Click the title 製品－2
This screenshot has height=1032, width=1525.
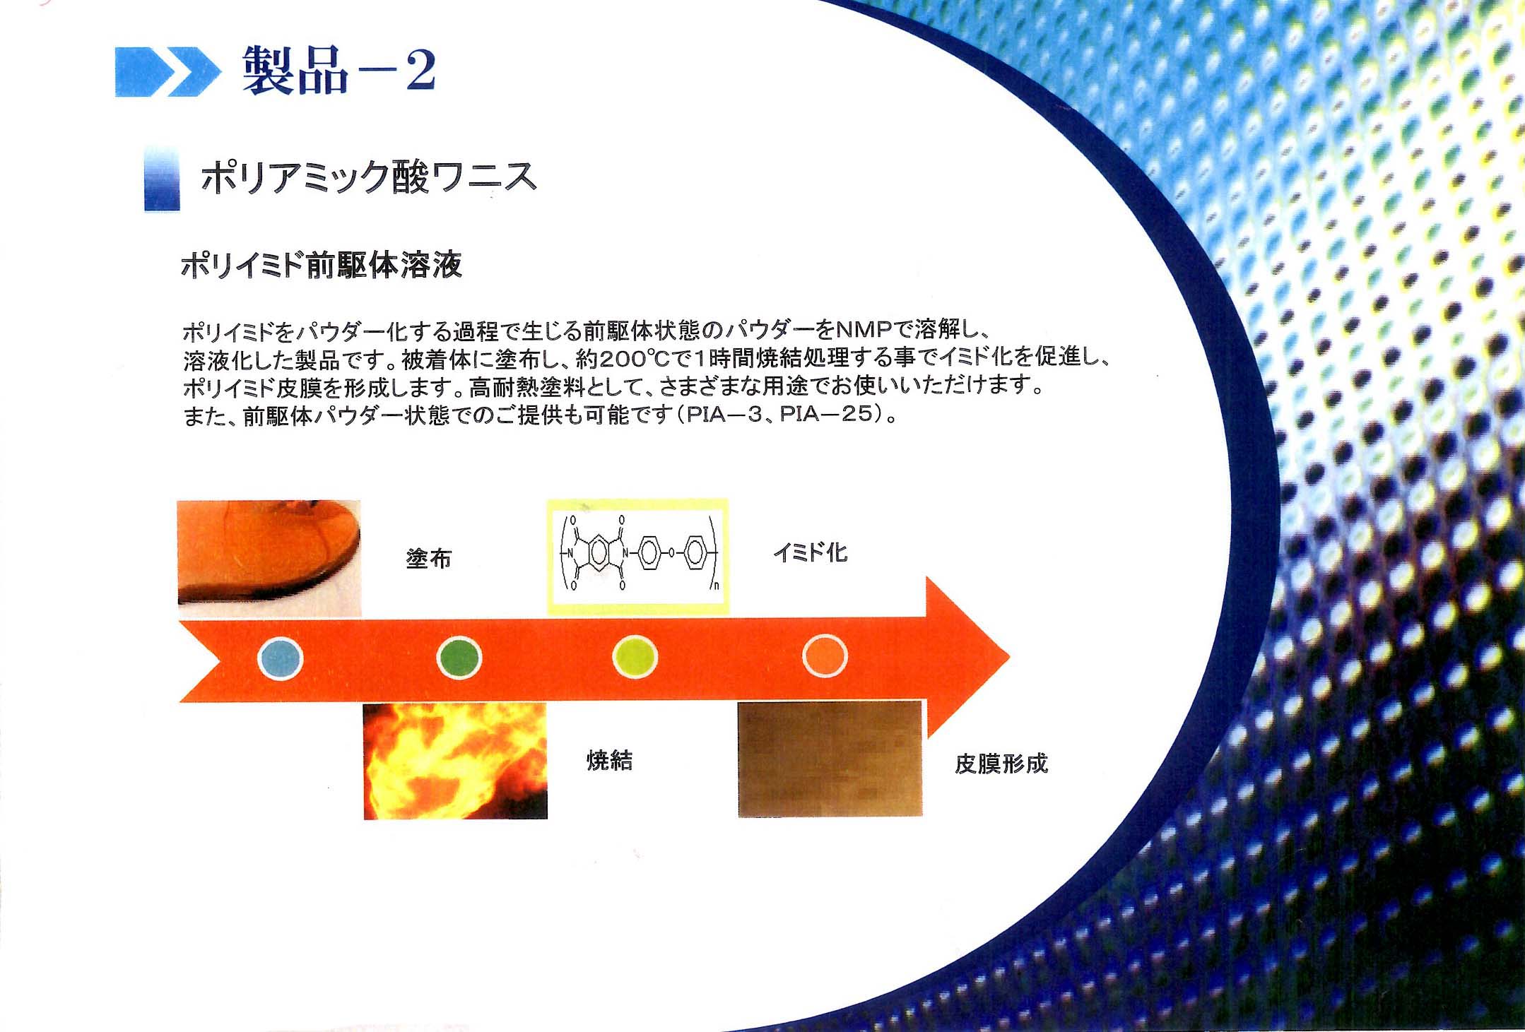coord(339,69)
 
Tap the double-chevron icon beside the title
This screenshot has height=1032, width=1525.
coord(167,71)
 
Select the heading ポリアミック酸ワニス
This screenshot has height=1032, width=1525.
coord(369,177)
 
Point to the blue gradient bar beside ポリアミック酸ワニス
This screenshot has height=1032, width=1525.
coord(162,178)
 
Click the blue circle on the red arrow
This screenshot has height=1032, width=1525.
coord(281,658)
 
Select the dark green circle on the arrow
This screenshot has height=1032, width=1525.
coord(459,658)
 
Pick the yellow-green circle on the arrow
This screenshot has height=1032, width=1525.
coord(635,657)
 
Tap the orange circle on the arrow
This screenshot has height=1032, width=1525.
coord(824,656)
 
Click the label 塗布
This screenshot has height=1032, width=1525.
coord(428,559)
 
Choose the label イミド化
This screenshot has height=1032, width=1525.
coord(810,552)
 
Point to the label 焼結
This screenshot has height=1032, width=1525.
coord(610,760)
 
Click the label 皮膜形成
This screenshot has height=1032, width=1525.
coord(1001,764)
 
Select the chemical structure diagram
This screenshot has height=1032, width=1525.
coord(637,557)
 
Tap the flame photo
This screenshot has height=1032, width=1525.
coord(455,761)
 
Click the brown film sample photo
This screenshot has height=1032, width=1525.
coord(830,759)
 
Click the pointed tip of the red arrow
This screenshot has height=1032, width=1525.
coord(1009,657)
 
